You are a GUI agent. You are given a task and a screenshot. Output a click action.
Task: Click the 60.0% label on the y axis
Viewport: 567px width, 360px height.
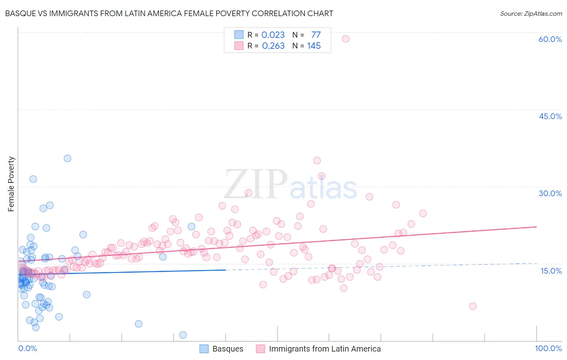tap(550, 39)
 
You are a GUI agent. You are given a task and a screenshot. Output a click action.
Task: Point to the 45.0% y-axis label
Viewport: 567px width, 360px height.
tap(550, 116)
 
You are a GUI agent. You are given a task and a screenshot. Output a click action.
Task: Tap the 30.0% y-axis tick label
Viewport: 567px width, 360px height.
tap(550, 193)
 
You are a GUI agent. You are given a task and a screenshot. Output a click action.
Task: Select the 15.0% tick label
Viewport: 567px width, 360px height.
tap(551, 271)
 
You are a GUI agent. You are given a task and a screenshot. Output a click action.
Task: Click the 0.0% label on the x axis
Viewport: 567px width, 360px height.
tap(27, 348)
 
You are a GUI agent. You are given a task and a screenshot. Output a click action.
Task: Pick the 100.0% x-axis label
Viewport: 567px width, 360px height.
tap(548, 348)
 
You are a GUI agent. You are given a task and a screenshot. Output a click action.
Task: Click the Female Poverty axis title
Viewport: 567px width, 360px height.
tap(11, 184)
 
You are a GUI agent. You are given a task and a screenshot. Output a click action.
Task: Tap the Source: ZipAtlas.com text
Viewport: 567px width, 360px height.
tap(531, 13)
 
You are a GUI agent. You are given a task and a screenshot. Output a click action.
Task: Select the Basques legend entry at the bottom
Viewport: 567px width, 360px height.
tap(227, 349)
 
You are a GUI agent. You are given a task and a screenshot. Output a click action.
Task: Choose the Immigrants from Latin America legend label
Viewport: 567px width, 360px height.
tap(325, 349)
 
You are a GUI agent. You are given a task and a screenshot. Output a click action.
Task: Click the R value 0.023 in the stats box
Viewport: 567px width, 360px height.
tap(273, 35)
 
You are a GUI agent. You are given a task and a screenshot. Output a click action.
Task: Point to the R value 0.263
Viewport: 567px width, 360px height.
tap(273, 46)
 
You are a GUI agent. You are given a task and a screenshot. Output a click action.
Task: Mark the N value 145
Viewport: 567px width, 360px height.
tap(314, 46)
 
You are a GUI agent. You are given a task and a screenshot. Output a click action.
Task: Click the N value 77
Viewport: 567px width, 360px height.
tap(316, 35)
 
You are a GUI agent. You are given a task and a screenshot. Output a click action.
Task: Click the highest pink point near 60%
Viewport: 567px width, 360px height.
tap(346, 39)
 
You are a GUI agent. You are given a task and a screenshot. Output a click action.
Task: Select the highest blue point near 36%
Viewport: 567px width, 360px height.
tap(67, 158)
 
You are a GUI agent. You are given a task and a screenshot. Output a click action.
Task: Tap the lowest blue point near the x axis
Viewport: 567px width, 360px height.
tap(183, 335)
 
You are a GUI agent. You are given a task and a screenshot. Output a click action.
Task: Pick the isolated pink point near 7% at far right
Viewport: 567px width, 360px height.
tap(473, 306)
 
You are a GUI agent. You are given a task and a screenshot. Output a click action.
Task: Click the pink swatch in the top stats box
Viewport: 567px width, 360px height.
tap(239, 46)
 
